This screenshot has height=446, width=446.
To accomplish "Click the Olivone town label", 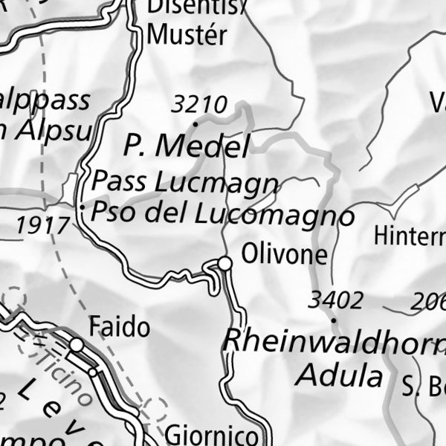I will pyautogui.click(x=284, y=255).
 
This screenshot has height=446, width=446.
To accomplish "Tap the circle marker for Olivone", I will pyautogui.click(x=224, y=263).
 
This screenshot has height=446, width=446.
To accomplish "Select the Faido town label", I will pyautogui.click(x=119, y=327).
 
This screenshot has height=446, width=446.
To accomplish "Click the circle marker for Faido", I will pyautogui.click(x=77, y=345).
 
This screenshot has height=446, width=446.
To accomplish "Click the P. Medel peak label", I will pyautogui.click(x=186, y=146).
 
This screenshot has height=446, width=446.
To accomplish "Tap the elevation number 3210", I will pyautogui.click(x=198, y=104).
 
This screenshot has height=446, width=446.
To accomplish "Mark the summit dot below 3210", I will pyautogui.click(x=195, y=123).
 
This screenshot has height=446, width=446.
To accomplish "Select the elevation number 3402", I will pyautogui.click(x=336, y=300).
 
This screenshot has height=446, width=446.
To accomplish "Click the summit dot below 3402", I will pyautogui.click(x=334, y=320).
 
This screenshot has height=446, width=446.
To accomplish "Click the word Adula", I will pyautogui.click(x=338, y=375).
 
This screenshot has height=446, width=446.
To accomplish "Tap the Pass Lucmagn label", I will pyautogui.click(x=186, y=181).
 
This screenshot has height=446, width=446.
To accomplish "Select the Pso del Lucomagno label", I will pyautogui.click(x=222, y=214).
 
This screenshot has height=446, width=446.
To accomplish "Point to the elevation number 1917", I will pyautogui.click(x=42, y=223).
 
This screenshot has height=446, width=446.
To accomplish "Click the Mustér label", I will pyautogui.click(x=187, y=35).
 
